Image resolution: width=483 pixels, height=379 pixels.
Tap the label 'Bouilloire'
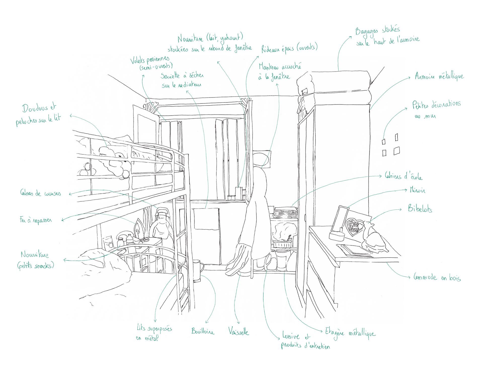pyautogui.click(x=203, y=331)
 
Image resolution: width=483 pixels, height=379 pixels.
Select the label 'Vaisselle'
pyautogui.click(x=239, y=332)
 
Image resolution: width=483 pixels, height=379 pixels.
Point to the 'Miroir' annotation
pyautogui.click(x=418, y=190)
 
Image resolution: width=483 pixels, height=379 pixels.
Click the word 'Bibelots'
pyautogui.click(x=420, y=209)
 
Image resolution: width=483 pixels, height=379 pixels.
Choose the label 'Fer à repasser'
pyautogui.click(x=36, y=220)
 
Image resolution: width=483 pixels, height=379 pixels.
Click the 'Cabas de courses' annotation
pyautogui.click(x=41, y=193)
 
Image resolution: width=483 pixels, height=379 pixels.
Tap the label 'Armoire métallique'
pyautogui.click(x=439, y=76)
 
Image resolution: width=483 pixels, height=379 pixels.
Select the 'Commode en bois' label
pyautogui.click(x=437, y=278)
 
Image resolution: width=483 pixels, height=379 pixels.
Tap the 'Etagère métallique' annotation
pyautogui.click(x=350, y=333)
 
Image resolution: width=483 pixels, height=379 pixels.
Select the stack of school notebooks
pyautogui.click(x=286, y=212)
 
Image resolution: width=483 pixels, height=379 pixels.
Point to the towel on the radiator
pyautogui.click(x=206, y=219)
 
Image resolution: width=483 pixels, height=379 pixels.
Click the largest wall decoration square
pyautogui.click(x=397, y=151)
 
